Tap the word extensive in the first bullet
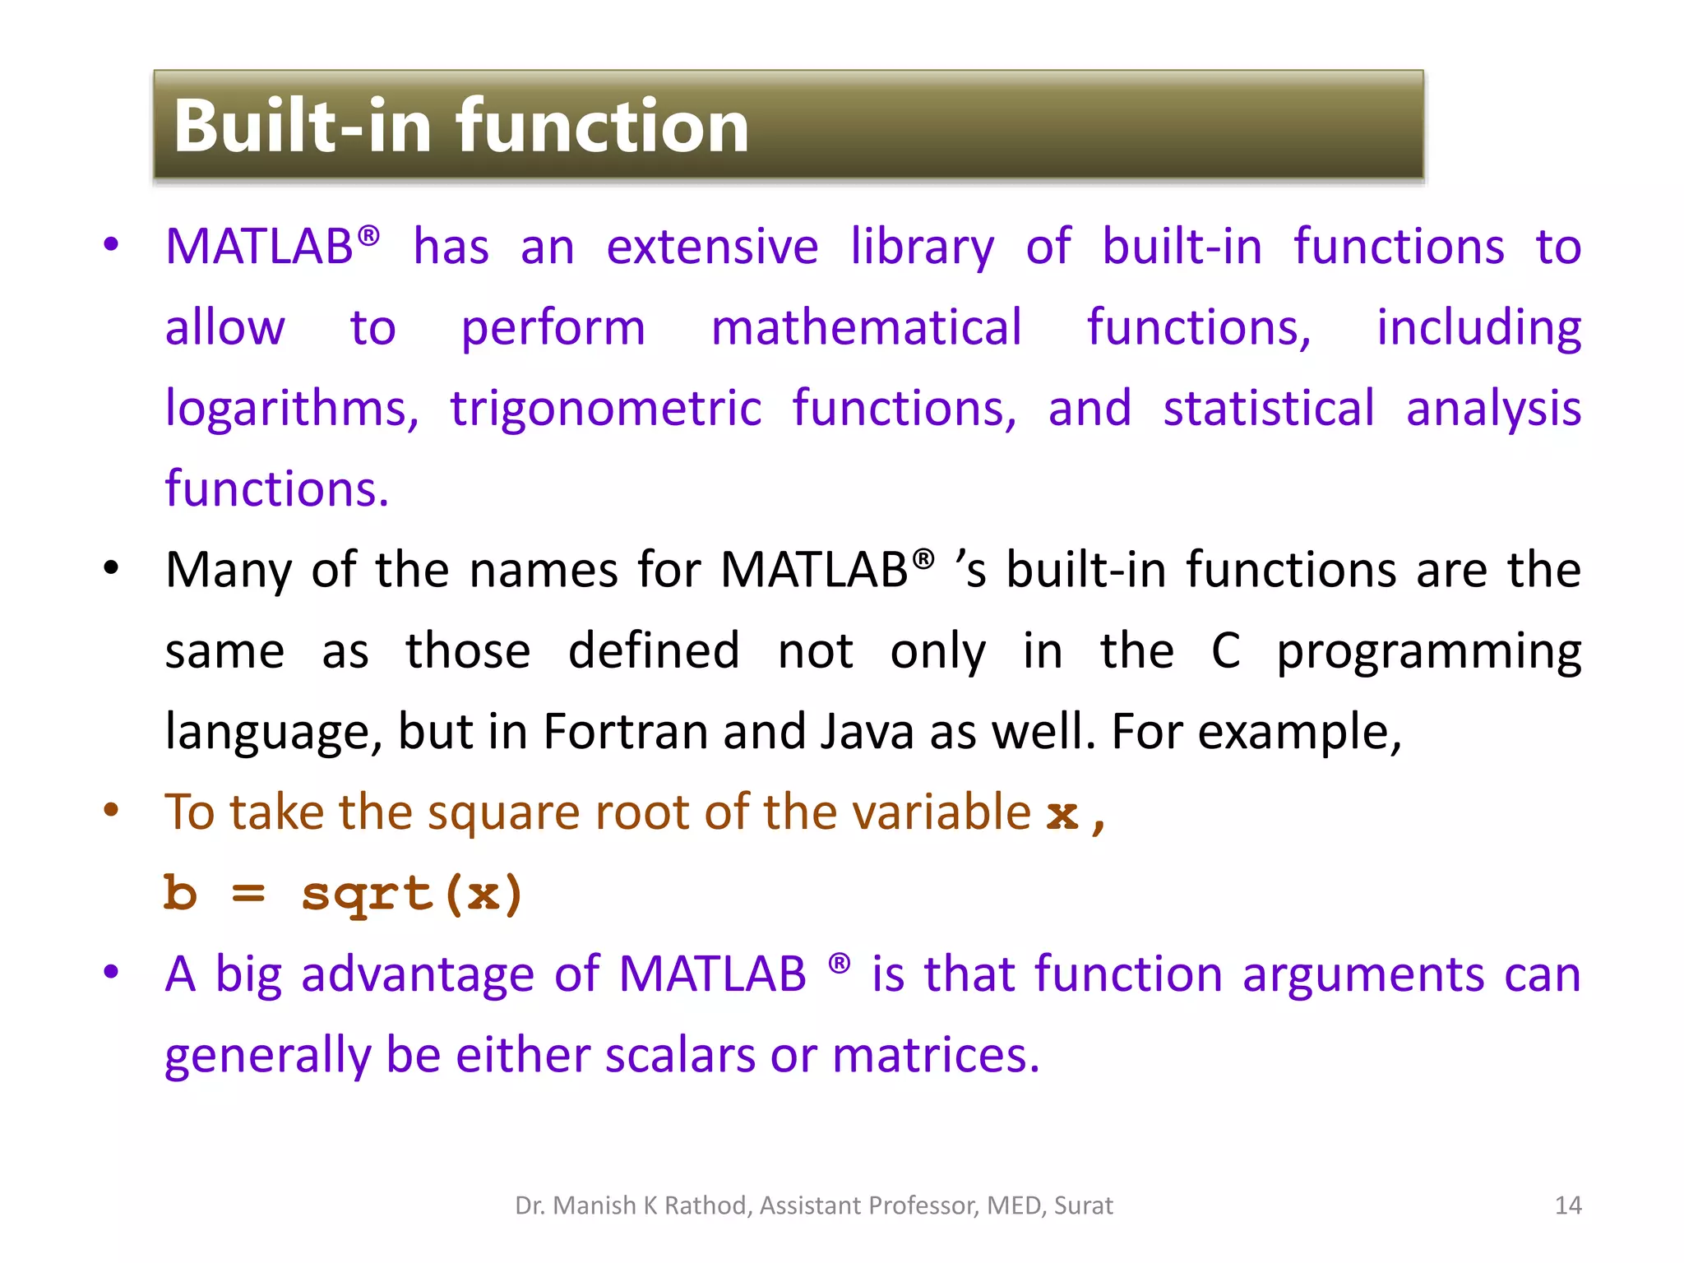click(712, 247)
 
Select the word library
click(922, 247)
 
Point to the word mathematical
click(866, 327)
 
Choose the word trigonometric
click(606, 409)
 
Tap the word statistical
click(1268, 409)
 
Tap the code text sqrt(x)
click(412, 894)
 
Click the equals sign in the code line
click(248, 894)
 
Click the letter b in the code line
click(181, 894)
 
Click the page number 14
click(1568, 1205)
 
